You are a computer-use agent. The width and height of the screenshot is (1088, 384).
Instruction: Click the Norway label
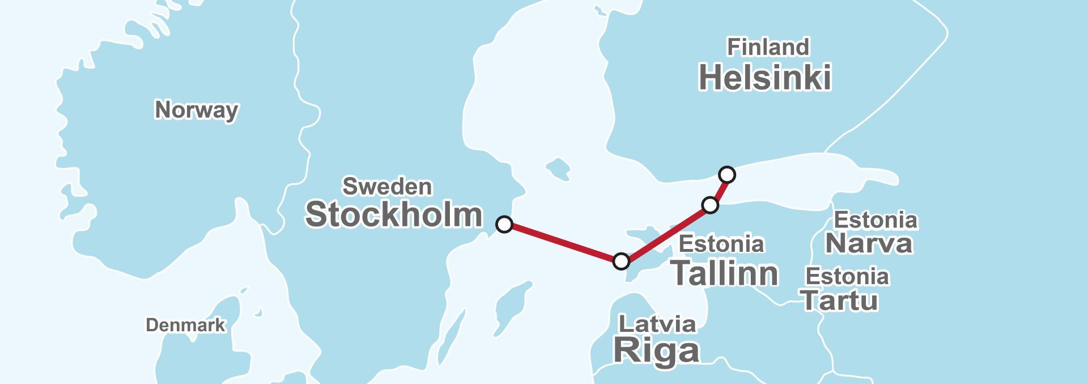[x=196, y=110]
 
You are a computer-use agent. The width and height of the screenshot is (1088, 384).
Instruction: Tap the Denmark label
[x=185, y=325]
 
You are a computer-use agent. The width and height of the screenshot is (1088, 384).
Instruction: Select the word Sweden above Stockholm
[x=387, y=186]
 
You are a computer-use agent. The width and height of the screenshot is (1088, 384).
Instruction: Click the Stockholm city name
[x=394, y=215]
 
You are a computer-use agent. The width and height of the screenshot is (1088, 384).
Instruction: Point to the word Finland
[x=768, y=47]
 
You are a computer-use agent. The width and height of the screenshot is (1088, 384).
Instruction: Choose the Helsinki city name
[x=764, y=78]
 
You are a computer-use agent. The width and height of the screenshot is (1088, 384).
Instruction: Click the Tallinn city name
[x=724, y=273]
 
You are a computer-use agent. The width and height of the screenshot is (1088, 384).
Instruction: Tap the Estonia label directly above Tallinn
[x=721, y=244]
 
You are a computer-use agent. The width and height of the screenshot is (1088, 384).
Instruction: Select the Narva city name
[x=869, y=244]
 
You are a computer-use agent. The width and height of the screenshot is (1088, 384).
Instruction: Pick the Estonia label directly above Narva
[x=875, y=220]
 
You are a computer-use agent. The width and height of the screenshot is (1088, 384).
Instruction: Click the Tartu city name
[x=840, y=300]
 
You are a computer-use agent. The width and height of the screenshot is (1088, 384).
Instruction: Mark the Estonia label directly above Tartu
[x=847, y=277]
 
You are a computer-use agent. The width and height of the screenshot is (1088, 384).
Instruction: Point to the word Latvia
[x=657, y=324]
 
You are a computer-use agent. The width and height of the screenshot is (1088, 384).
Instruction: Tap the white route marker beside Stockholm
[x=504, y=225]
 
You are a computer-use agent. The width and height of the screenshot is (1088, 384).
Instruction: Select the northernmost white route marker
[x=726, y=174]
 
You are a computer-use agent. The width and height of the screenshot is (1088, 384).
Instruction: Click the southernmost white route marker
[x=621, y=261]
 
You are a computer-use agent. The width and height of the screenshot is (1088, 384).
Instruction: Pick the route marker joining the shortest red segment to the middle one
[x=709, y=205]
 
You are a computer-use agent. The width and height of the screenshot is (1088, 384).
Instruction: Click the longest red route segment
[x=562, y=243]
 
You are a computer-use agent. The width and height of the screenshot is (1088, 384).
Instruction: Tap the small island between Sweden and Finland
[x=558, y=169]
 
